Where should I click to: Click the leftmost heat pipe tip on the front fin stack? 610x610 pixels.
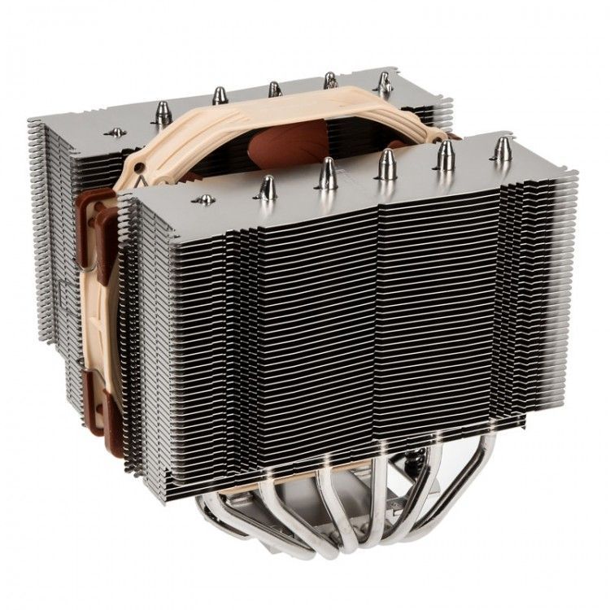pos(266,188)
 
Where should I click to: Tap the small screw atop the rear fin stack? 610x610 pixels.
pos(117,132)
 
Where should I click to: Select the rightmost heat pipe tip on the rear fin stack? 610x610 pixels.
pos(384,81)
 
